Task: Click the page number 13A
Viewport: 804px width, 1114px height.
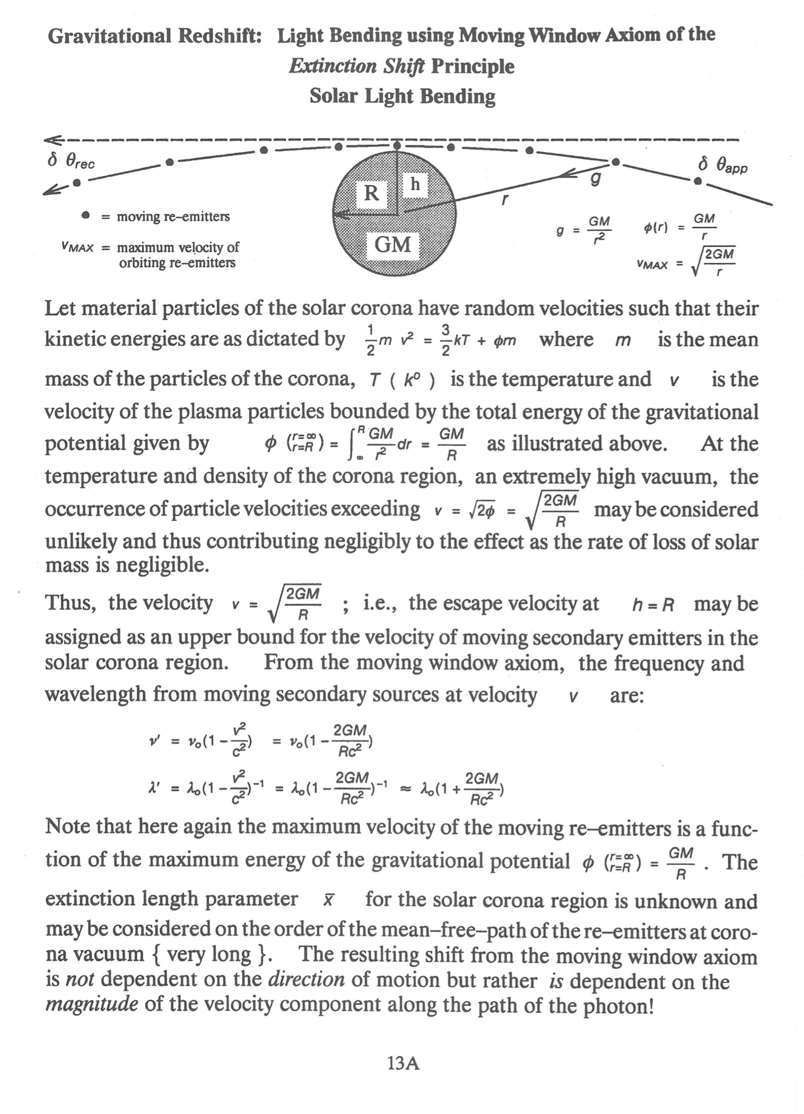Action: [403, 1064]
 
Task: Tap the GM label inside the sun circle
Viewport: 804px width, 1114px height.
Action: [392, 245]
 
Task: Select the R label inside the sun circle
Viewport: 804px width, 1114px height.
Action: [371, 193]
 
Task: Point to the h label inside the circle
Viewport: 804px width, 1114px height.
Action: [415, 184]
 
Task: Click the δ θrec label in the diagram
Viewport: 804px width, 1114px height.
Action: [71, 161]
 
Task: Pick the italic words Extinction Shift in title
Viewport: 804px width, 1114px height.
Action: [356, 66]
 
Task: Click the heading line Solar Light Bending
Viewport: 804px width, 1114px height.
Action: [402, 96]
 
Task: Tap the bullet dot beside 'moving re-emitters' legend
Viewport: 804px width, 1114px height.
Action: [85, 216]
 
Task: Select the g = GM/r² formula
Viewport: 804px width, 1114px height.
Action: [584, 230]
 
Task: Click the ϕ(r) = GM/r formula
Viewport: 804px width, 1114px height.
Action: [679, 227]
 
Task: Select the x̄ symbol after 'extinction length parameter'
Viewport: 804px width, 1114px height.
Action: [329, 900]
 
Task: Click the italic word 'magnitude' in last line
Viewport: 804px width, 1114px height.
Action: [92, 1004]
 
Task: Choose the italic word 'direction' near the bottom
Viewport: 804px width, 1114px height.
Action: [306, 979]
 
